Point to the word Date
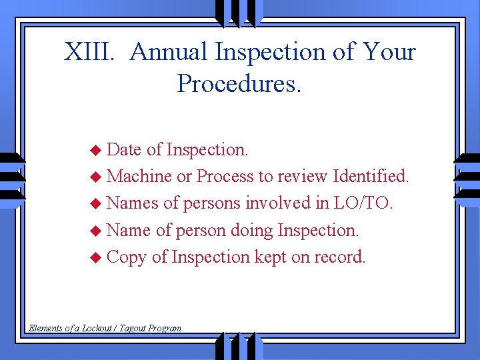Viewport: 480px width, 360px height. tap(124, 149)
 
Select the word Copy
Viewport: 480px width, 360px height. tap(126, 257)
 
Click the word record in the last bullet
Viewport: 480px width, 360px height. tap(342, 257)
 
